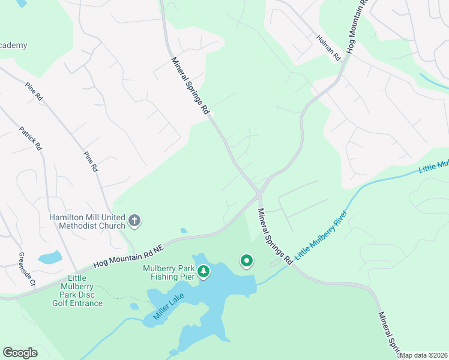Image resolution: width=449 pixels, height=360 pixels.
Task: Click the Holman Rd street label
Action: coord(328,48)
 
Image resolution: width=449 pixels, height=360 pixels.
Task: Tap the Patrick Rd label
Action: coord(30,138)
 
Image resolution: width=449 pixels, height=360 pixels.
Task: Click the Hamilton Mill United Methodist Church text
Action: coord(87,221)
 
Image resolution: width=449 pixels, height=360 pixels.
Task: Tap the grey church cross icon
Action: coord(134,221)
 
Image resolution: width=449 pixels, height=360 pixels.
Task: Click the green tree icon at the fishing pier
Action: coord(204,273)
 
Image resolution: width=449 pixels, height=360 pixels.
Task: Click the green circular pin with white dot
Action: coord(246,261)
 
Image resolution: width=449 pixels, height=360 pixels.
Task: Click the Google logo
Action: coord(20,353)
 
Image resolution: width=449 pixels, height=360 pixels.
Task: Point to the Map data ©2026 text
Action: coord(423,355)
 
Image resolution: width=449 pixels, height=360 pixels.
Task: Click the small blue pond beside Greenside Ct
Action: coord(49,258)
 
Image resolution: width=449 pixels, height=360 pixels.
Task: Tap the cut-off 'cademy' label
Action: coord(13,46)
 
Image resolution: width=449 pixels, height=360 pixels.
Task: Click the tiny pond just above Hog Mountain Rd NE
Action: coord(182,230)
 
